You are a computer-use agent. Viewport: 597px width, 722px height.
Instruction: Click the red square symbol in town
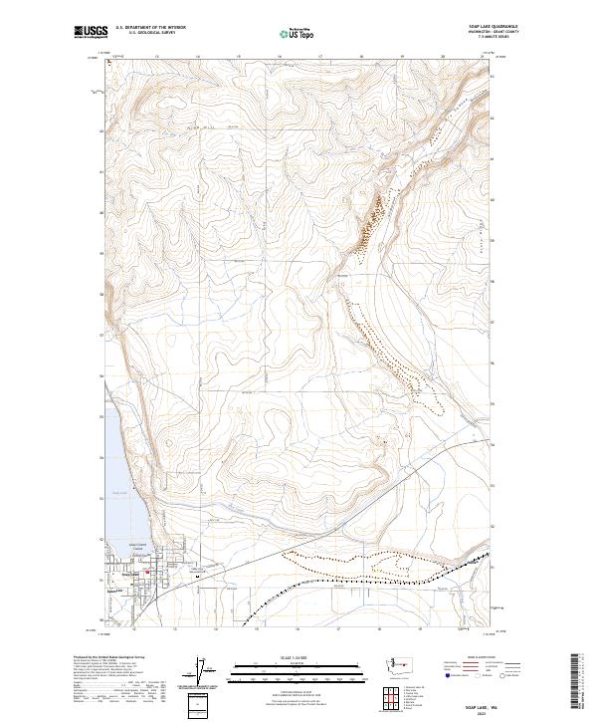click(x=148, y=571)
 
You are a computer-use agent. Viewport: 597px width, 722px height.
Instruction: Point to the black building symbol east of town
click(x=199, y=571)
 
